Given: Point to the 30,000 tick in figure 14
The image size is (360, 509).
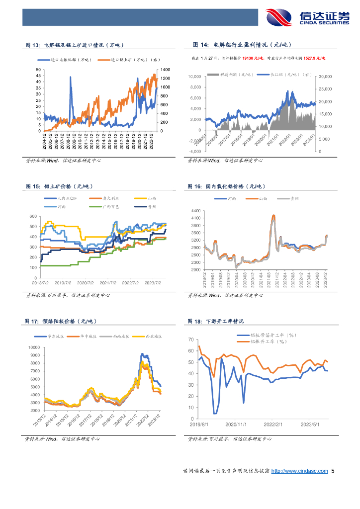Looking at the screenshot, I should (x=325, y=77).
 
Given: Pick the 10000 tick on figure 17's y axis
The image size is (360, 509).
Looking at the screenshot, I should (x=33, y=347).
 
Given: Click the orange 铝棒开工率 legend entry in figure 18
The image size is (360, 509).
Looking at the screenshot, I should (x=269, y=342).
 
